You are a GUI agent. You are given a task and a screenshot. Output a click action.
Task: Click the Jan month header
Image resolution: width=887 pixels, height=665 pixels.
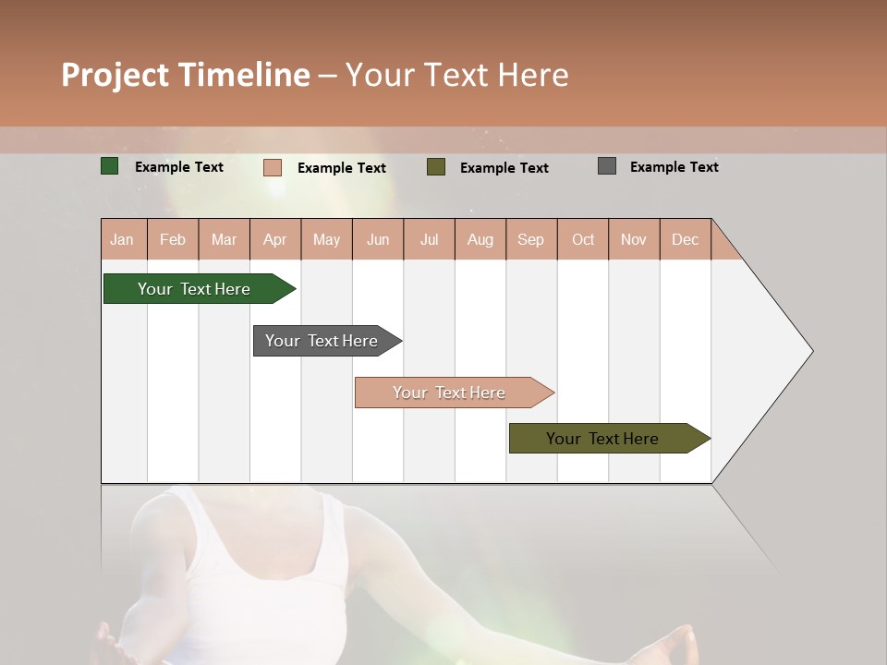pyautogui.click(x=122, y=239)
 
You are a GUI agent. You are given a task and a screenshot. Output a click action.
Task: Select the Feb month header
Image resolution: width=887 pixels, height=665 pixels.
pyautogui.click(x=173, y=239)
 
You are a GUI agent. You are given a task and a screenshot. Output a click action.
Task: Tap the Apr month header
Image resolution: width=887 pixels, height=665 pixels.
pyautogui.click(x=274, y=239)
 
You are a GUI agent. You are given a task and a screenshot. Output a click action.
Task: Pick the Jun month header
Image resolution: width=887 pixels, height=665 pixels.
pyautogui.click(x=378, y=239)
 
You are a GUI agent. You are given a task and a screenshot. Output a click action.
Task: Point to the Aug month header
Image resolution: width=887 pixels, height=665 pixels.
pyautogui.click(x=480, y=239)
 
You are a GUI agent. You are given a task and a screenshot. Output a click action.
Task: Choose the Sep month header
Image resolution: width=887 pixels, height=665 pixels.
pyautogui.click(x=530, y=239)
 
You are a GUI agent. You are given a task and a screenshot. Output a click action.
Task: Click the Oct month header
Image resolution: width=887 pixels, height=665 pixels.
pyautogui.click(x=583, y=239)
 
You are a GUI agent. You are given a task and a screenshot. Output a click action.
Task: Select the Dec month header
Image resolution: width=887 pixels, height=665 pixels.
pyautogui.click(x=685, y=239)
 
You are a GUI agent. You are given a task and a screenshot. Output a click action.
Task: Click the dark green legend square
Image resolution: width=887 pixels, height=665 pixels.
pyautogui.click(x=110, y=166)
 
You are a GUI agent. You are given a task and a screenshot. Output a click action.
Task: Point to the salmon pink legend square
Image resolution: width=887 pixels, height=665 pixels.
pyautogui.click(x=273, y=167)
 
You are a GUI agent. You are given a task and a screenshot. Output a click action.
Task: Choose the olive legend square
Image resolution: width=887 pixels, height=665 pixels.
pyautogui.click(x=436, y=167)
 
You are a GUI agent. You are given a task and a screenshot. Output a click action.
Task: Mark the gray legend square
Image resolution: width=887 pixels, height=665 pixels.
pyautogui.click(x=607, y=166)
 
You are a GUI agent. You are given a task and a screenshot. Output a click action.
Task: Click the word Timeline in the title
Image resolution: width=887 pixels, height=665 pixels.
pyautogui.click(x=245, y=75)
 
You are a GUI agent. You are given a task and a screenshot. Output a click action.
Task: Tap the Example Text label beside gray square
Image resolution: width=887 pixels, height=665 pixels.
pyautogui.click(x=674, y=166)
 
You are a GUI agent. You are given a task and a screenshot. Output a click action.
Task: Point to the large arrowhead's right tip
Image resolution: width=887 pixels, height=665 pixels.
pyautogui.click(x=811, y=351)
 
